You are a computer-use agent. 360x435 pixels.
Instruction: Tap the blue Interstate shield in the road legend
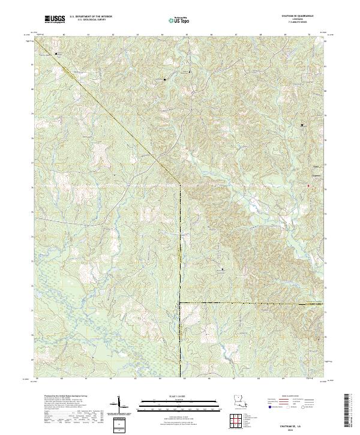coord(269,407)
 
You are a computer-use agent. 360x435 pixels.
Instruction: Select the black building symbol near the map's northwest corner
coord(57,53)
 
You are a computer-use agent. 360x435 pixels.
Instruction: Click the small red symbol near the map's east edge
coord(309,185)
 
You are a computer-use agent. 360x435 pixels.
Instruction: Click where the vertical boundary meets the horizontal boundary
coord(181,304)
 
